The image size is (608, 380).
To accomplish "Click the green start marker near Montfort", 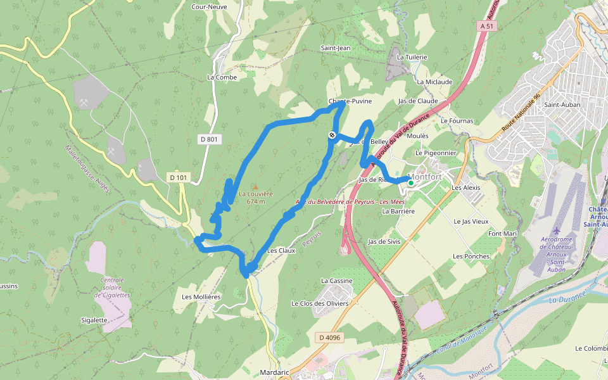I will pos(410,183).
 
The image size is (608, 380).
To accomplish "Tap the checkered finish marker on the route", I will pos(332,134).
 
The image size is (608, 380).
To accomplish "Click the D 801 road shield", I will pos(209,139).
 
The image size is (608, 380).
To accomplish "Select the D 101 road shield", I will pos(179,178).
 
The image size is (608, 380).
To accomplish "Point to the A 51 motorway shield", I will pos(486,26).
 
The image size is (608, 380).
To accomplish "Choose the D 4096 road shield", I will pos(329,338).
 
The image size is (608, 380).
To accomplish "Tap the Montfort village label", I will pos(425,177).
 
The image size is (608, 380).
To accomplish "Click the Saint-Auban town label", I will pos(559,104).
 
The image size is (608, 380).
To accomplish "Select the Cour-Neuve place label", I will pos(209,7).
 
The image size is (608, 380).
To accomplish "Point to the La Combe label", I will pos(222,77).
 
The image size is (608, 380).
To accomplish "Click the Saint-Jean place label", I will pos(335,47).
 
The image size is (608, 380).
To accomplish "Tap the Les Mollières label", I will pos(201,296).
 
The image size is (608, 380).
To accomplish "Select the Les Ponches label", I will pos(471,256).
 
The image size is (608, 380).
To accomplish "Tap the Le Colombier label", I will pos(592,348).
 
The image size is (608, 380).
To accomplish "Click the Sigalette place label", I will pos(94,320).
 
